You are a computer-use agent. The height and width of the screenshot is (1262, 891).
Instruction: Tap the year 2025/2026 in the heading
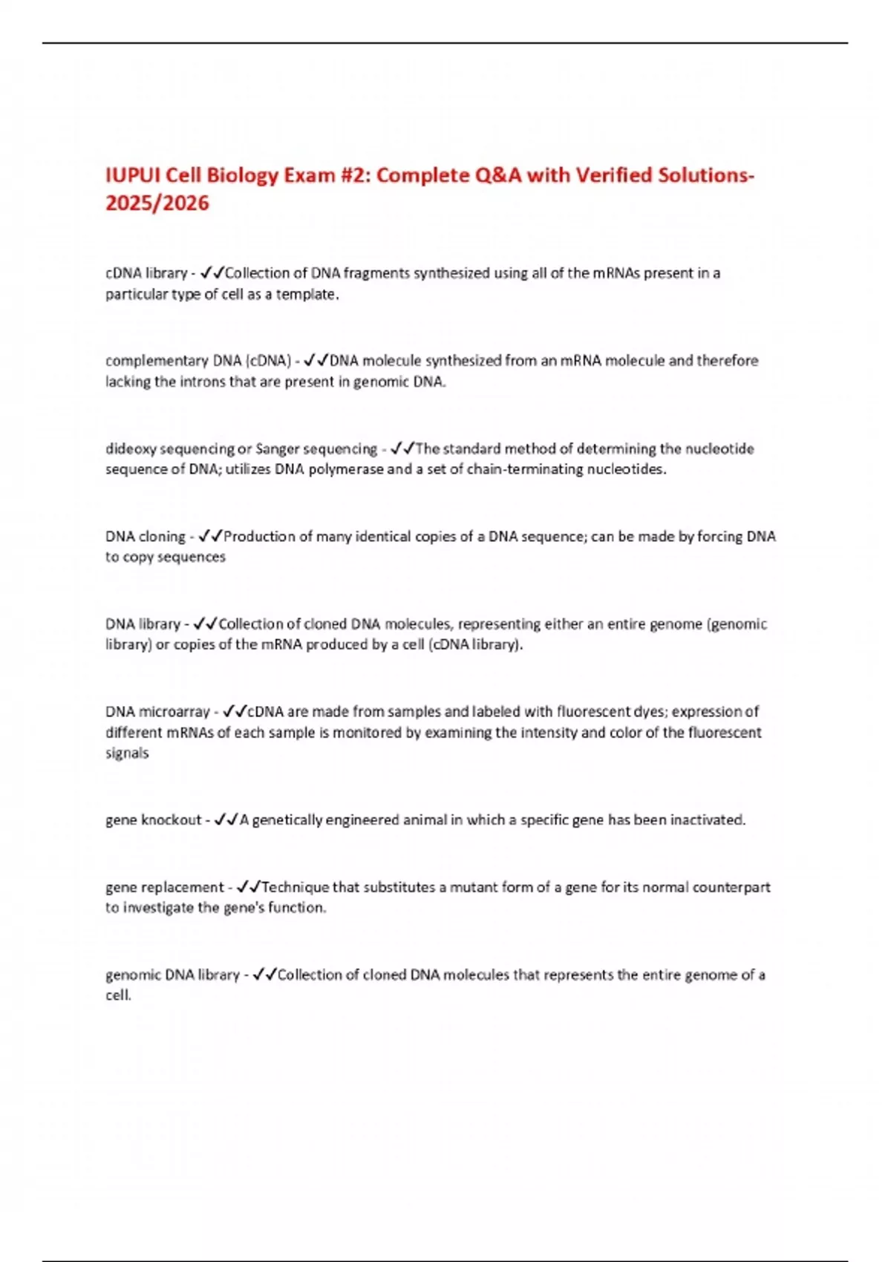point(157,203)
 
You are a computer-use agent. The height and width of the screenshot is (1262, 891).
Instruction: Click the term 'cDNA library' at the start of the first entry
point(146,273)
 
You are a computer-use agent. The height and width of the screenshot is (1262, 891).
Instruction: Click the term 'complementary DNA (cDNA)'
point(198,361)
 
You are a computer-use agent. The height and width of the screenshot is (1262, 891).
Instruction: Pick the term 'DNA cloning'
point(146,536)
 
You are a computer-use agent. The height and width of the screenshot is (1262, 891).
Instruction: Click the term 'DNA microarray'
point(157,711)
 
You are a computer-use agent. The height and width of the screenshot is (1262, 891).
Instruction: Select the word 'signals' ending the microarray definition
point(127,753)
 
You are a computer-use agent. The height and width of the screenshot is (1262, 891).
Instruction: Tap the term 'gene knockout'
point(153,820)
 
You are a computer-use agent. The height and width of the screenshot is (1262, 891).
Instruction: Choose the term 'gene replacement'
point(165,887)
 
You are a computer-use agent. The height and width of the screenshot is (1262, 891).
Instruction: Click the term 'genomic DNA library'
point(172,975)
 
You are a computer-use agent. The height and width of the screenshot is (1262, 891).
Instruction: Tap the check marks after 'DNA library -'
point(204,624)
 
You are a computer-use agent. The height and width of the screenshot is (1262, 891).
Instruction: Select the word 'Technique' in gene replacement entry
point(295,887)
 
